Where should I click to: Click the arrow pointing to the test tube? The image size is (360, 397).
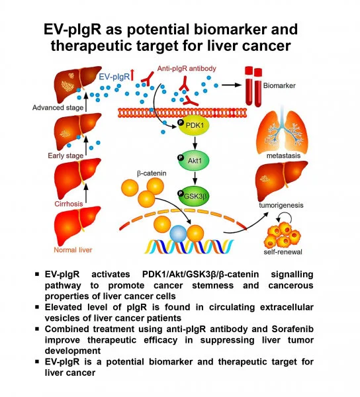pyautogui.click(x=222, y=85)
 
